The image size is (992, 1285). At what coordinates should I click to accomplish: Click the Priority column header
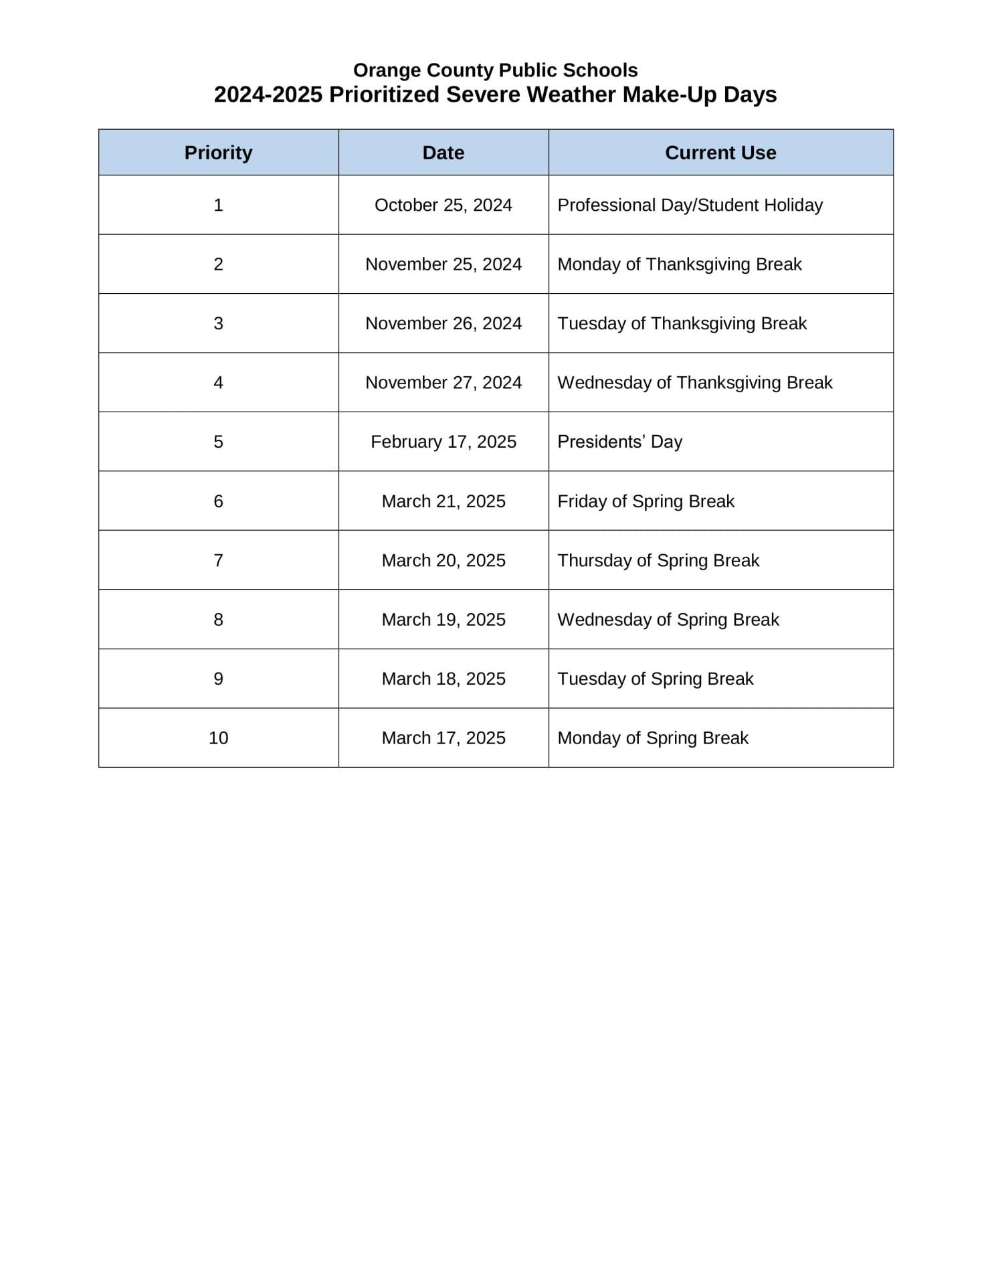point(218,153)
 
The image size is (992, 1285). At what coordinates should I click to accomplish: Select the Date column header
point(443,153)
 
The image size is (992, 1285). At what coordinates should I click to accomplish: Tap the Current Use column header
point(720,153)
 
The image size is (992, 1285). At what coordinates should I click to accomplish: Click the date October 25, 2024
point(443,205)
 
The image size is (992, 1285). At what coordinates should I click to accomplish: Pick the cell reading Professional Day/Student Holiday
point(690,205)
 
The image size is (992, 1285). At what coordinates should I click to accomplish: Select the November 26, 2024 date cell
point(443,323)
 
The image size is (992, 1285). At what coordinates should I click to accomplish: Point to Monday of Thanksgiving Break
point(679,264)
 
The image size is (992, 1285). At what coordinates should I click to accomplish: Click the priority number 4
point(218,383)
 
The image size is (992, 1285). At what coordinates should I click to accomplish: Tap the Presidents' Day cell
point(619,442)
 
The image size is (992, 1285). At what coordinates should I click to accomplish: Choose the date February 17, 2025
point(443,442)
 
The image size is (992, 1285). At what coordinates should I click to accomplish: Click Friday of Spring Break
point(646,501)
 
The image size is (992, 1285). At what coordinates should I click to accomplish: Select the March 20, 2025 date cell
point(443,560)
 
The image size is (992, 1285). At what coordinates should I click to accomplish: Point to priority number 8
point(218,620)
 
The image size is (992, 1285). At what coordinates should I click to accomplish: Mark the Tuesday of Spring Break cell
point(655,679)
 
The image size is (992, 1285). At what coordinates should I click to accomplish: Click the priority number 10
point(218,738)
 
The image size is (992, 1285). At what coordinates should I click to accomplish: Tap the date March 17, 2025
point(443,738)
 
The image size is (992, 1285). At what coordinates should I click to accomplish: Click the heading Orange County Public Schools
point(495,70)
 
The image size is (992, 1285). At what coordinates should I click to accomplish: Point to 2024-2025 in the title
point(268,95)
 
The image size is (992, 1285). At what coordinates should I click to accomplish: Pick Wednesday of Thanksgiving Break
point(694,383)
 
